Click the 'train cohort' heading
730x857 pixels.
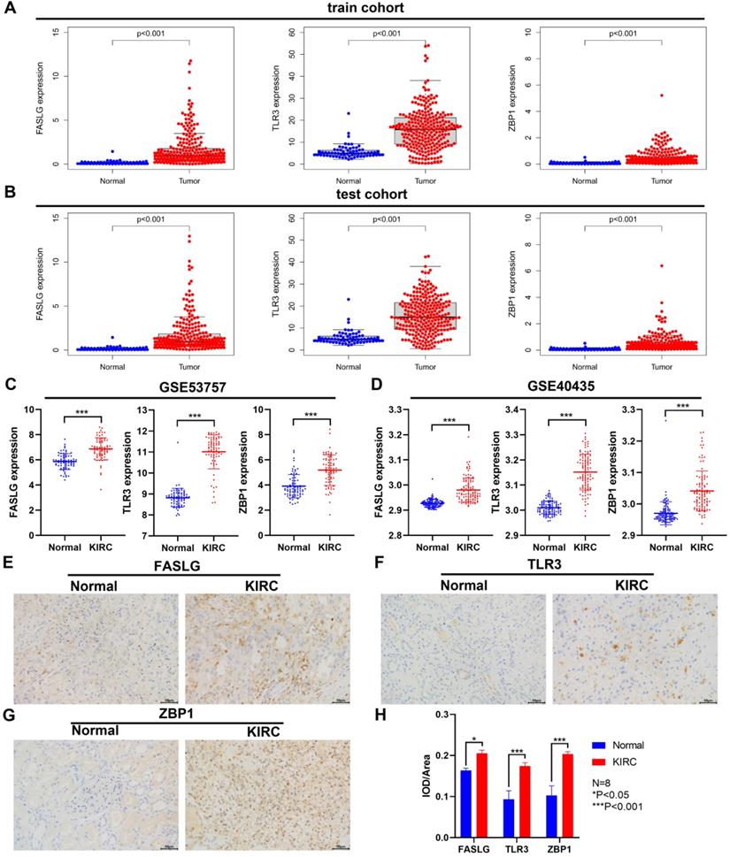click(x=365, y=8)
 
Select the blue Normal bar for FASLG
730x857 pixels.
click(x=465, y=801)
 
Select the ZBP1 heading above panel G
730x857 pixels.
click(x=182, y=715)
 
